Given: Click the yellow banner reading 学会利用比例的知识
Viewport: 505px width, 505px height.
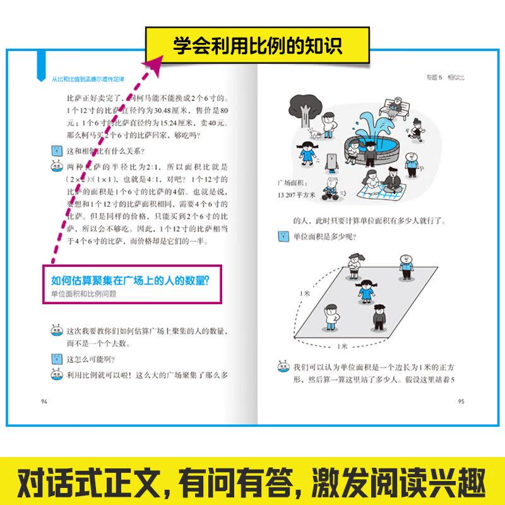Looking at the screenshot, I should [x=258, y=45].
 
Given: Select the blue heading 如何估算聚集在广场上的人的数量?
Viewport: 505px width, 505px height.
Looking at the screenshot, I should [x=130, y=279].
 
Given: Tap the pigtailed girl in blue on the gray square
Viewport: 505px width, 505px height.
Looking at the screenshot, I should [x=365, y=290].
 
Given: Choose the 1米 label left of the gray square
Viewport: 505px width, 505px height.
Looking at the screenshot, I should [x=305, y=293].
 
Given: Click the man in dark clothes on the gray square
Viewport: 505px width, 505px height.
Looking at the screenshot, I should [x=378, y=317].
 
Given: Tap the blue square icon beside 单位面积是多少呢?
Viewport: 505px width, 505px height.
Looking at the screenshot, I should [x=282, y=237].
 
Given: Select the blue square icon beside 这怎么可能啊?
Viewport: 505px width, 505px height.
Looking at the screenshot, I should [x=55, y=359].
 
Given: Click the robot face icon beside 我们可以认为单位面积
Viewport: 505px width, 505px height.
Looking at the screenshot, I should [x=282, y=366].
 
